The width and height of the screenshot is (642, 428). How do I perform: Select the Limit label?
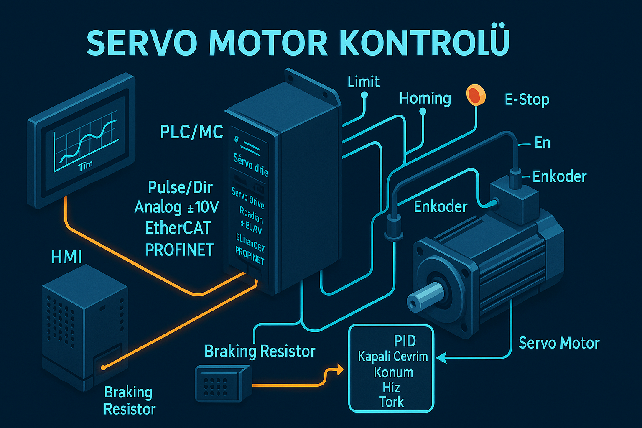point(363,82)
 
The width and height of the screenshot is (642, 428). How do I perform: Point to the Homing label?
point(425,99)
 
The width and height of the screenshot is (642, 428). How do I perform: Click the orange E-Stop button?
point(476,95)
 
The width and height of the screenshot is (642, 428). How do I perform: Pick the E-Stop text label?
point(527,100)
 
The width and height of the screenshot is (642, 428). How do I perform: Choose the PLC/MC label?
point(191,132)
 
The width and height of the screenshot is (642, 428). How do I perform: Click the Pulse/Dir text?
point(180,188)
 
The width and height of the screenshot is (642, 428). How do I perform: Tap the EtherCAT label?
point(178,228)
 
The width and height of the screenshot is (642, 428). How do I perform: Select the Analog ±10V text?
point(176,207)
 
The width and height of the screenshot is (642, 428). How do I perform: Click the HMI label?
point(66,257)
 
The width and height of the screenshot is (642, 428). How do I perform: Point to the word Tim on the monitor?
point(85,166)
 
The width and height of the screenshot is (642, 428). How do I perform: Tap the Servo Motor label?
point(559,343)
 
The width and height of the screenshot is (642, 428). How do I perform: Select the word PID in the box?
point(405,341)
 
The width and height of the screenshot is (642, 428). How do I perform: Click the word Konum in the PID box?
point(393,372)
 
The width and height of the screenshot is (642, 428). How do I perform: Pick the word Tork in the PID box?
point(391,402)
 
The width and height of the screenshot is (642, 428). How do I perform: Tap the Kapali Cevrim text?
point(393,357)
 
